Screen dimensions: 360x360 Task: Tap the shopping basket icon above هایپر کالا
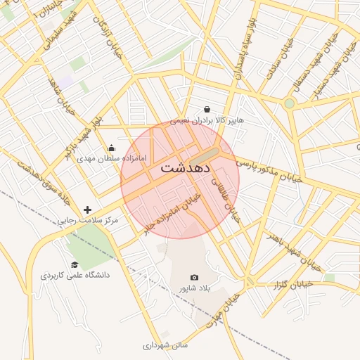point(207,109)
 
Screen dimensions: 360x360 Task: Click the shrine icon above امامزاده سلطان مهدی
point(111,148)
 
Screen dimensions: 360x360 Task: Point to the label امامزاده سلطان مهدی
point(113,158)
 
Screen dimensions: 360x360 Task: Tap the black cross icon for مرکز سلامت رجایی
point(87,210)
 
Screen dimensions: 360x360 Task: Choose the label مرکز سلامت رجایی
point(89,220)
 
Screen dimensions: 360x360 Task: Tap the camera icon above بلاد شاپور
point(195,278)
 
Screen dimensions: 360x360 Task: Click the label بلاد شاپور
point(195,288)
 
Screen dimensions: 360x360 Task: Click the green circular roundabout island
point(289,103)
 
